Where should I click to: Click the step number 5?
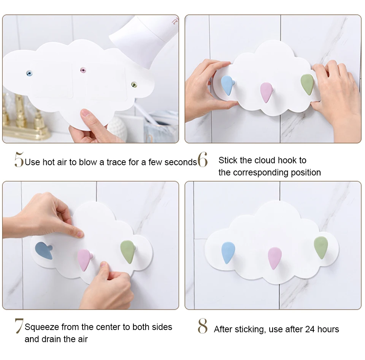(19, 159)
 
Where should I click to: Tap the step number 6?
(203, 159)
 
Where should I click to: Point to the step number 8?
(203, 326)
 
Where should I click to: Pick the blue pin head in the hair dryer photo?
(29, 74)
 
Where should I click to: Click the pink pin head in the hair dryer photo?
(83, 70)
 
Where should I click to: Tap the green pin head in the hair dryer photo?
(134, 84)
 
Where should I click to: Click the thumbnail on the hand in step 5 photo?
(85, 113)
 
